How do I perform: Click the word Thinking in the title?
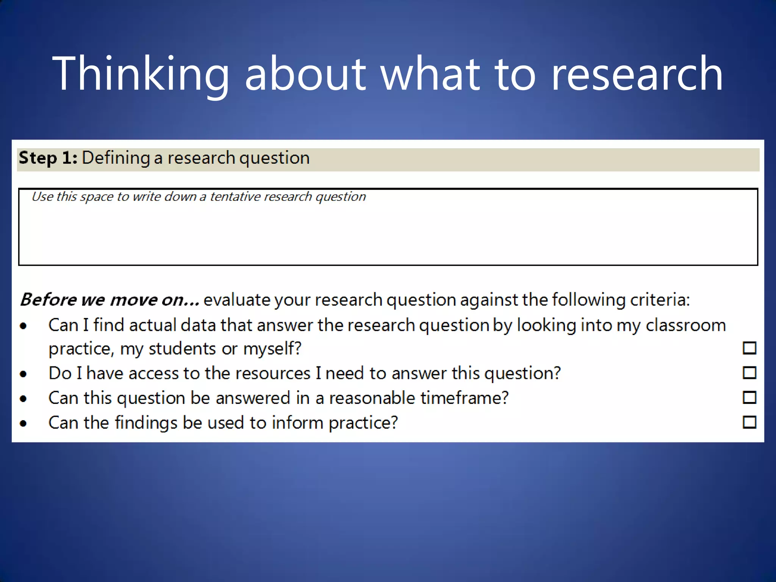coord(140,74)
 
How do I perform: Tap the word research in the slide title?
coord(637,74)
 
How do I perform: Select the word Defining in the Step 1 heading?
coord(116,158)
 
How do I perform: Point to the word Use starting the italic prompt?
coord(42,197)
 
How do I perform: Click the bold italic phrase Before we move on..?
coord(109,300)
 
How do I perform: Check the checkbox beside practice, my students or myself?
coord(749,348)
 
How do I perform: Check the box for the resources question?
coord(749,373)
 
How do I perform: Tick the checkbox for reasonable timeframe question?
coord(749,397)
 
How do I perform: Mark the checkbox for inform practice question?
coord(749,422)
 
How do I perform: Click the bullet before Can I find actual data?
coord(23,326)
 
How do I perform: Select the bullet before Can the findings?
coord(23,423)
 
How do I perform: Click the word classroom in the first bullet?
coord(685,325)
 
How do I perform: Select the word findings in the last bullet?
coord(146,423)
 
